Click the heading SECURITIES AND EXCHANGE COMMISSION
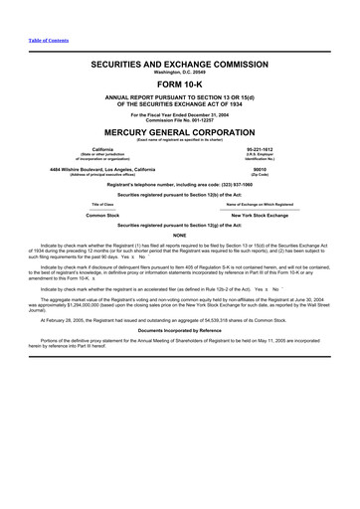click(x=180, y=62)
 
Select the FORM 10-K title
click(x=180, y=84)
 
